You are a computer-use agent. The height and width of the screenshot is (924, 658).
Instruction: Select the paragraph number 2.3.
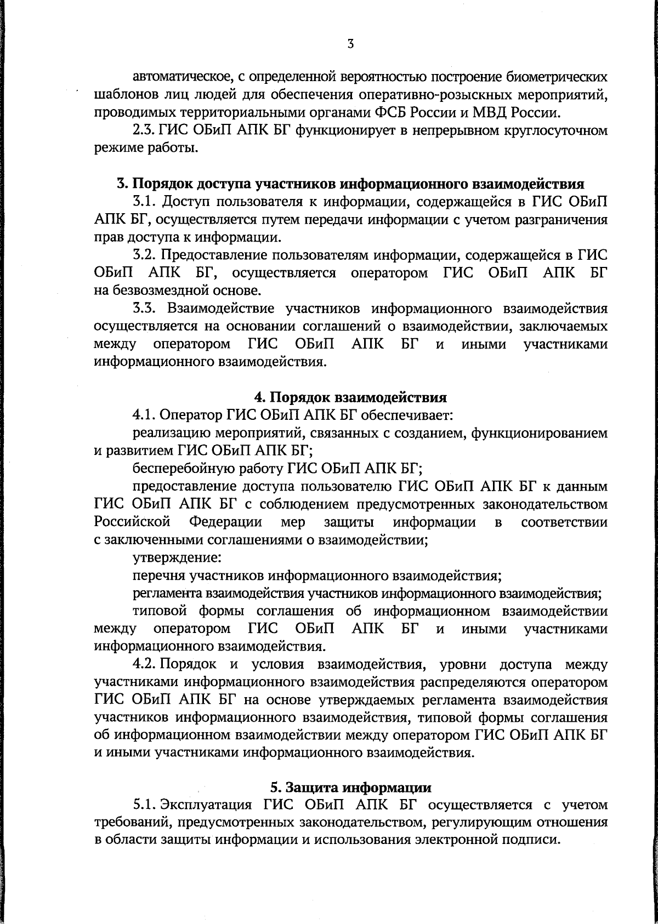pos(144,131)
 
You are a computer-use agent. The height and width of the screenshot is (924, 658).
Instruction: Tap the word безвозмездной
pos(141,290)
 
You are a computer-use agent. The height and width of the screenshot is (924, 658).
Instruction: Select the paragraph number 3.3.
pos(145,308)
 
